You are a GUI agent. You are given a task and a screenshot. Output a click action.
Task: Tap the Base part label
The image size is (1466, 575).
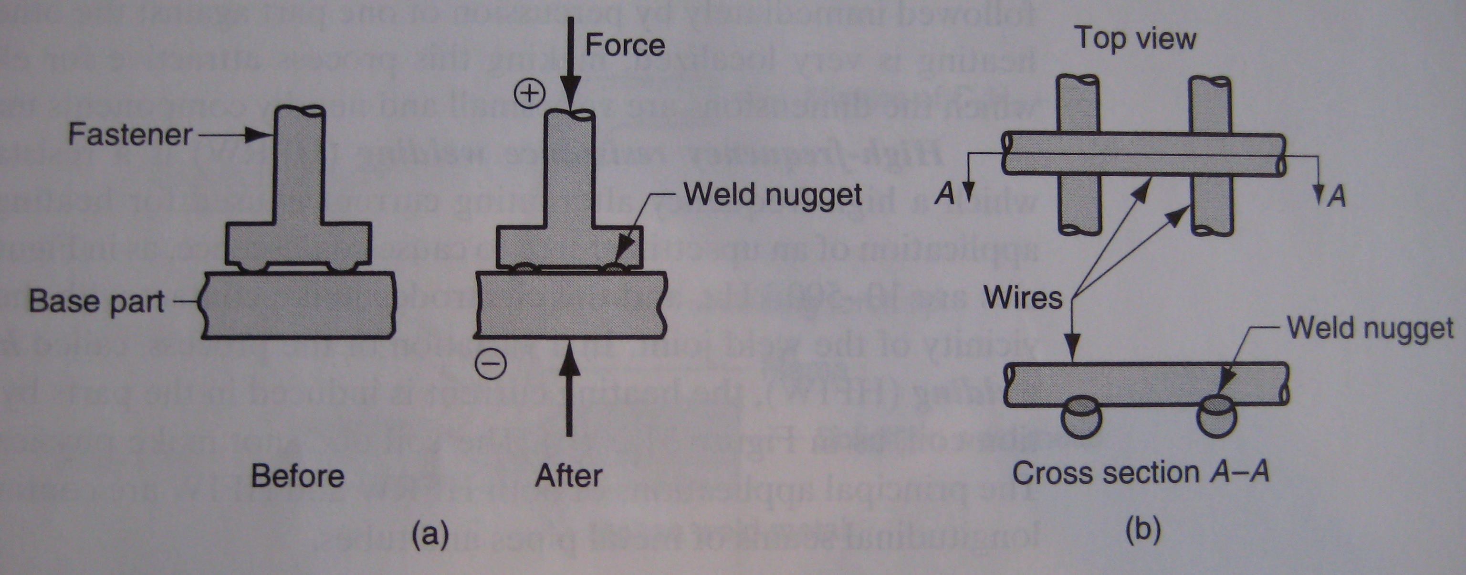click(x=97, y=301)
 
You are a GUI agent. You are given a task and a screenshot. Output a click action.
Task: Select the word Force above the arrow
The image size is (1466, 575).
click(x=625, y=45)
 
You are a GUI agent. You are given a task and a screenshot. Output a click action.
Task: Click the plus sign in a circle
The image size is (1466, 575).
click(x=529, y=94)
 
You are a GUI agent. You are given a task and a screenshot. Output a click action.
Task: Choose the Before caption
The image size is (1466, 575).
click(x=298, y=476)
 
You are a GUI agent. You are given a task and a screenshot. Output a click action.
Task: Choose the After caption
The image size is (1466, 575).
click(x=568, y=476)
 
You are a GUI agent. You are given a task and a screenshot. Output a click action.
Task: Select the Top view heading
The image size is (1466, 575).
click(x=1135, y=39)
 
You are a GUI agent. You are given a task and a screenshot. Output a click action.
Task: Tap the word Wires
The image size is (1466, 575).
click(x=1023, y=298)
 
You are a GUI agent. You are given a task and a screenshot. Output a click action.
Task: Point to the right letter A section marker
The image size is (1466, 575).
click(x=1337, y=196)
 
